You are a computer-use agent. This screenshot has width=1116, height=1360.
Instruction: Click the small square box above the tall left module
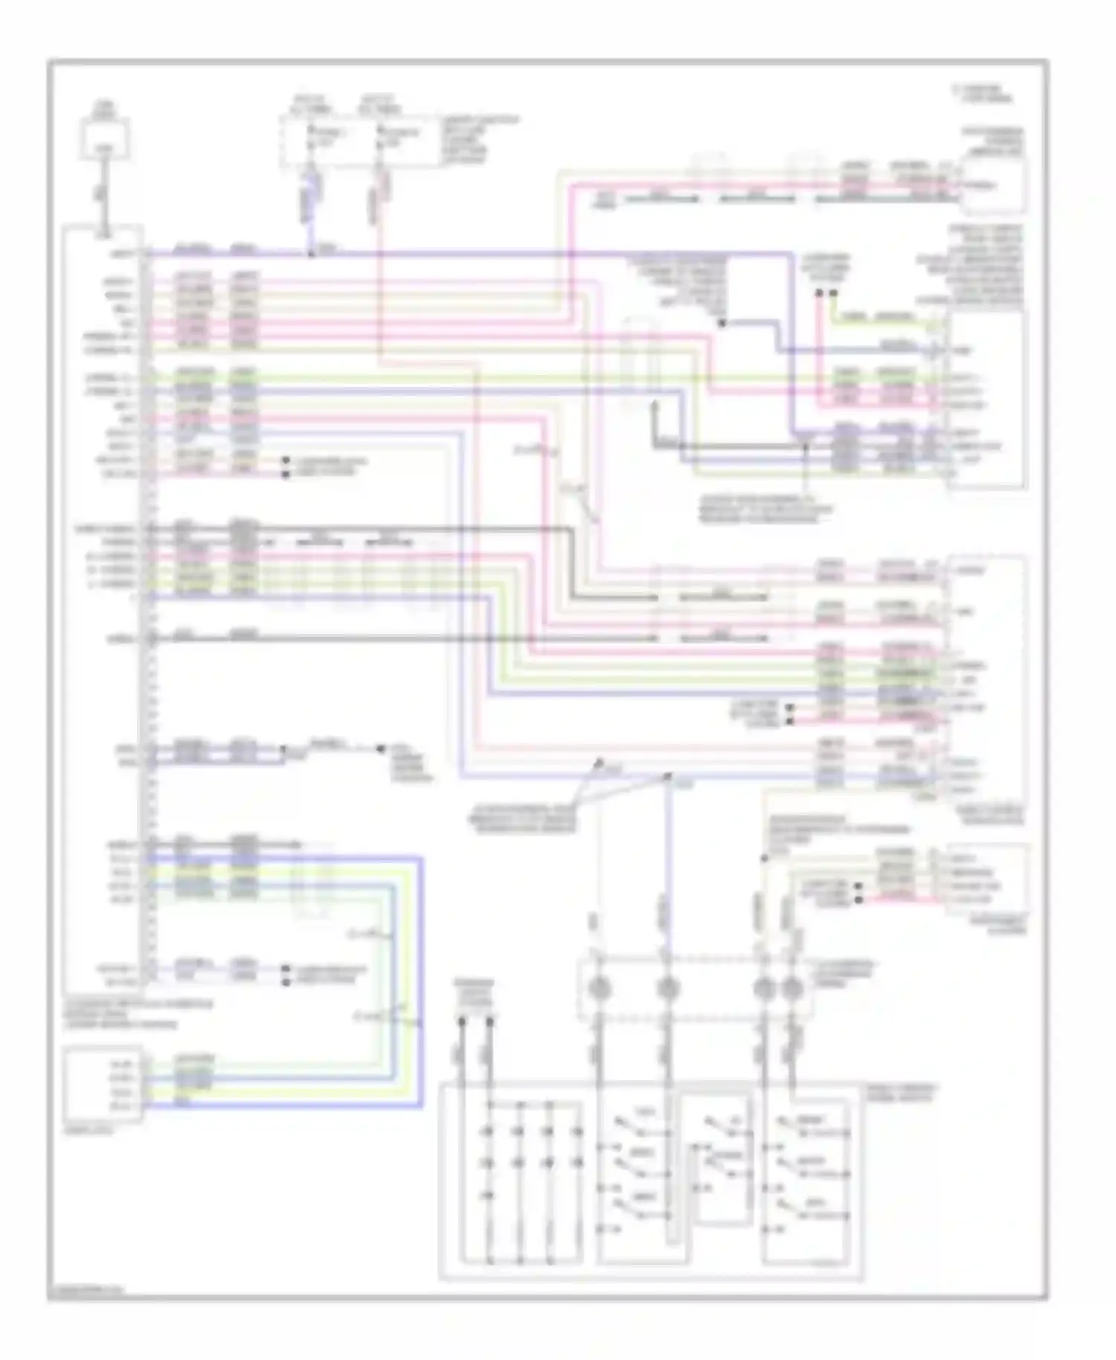tap(105, 138)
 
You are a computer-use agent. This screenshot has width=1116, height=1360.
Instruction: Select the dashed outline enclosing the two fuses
tap(356, 140)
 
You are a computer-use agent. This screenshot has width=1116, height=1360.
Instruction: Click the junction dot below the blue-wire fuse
tap(311, 255)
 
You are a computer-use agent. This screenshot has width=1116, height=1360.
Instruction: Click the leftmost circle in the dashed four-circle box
tap(600, 988)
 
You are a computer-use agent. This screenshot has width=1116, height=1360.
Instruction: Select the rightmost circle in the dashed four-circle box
tap(792, 988)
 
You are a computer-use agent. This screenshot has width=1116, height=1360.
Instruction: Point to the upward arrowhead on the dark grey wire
tap(655, 406)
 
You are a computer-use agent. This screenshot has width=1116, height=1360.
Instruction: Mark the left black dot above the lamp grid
tap(462, 1021)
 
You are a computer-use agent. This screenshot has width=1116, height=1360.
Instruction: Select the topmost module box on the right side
tap(994, 183)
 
